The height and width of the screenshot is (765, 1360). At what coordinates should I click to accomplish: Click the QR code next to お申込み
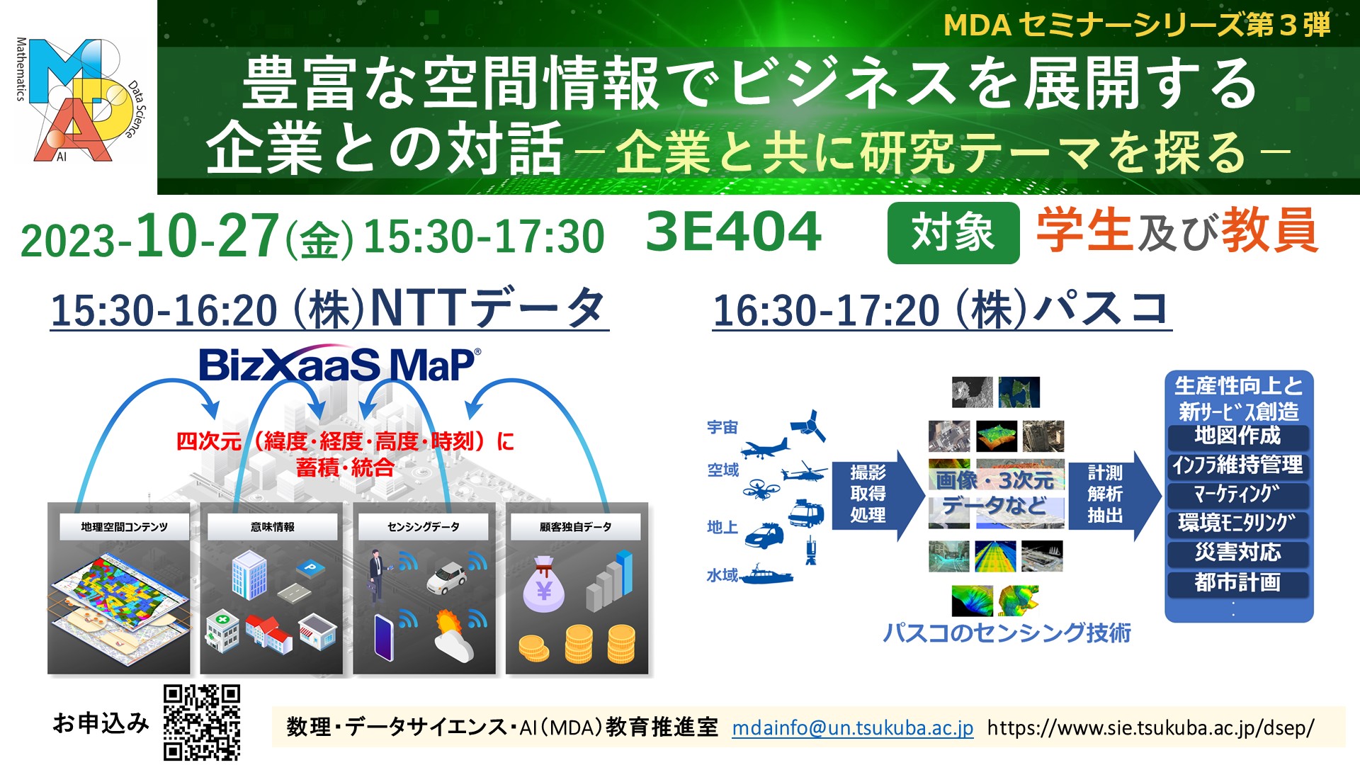click(202, 722)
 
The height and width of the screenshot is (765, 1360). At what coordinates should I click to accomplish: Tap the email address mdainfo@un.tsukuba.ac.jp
click(853, 727)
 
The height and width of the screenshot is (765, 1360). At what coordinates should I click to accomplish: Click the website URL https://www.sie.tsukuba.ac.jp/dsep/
click(1150, 727)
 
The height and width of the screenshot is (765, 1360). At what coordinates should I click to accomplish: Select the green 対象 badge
click(953, 232)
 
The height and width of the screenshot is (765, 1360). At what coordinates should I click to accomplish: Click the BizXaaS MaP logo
click(340, 365)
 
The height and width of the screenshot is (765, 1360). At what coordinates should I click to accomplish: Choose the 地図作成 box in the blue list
click(1237, 436)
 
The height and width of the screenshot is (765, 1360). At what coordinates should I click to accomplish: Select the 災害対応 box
click(1237, 552)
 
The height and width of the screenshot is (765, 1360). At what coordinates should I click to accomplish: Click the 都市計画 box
click(1237, 582)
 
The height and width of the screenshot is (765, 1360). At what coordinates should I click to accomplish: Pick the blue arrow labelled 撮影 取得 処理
click(877, 494)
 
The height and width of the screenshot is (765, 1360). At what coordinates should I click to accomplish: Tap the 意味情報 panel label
click(273, 527)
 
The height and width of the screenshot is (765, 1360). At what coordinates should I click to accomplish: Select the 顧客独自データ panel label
click(575, 527)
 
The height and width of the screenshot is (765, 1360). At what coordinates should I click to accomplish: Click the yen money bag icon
click(543, 585)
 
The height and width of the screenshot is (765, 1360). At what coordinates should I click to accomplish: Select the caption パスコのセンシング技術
click(1007, 633)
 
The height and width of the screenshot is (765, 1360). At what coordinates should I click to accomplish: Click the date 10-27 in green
click(207, 235)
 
